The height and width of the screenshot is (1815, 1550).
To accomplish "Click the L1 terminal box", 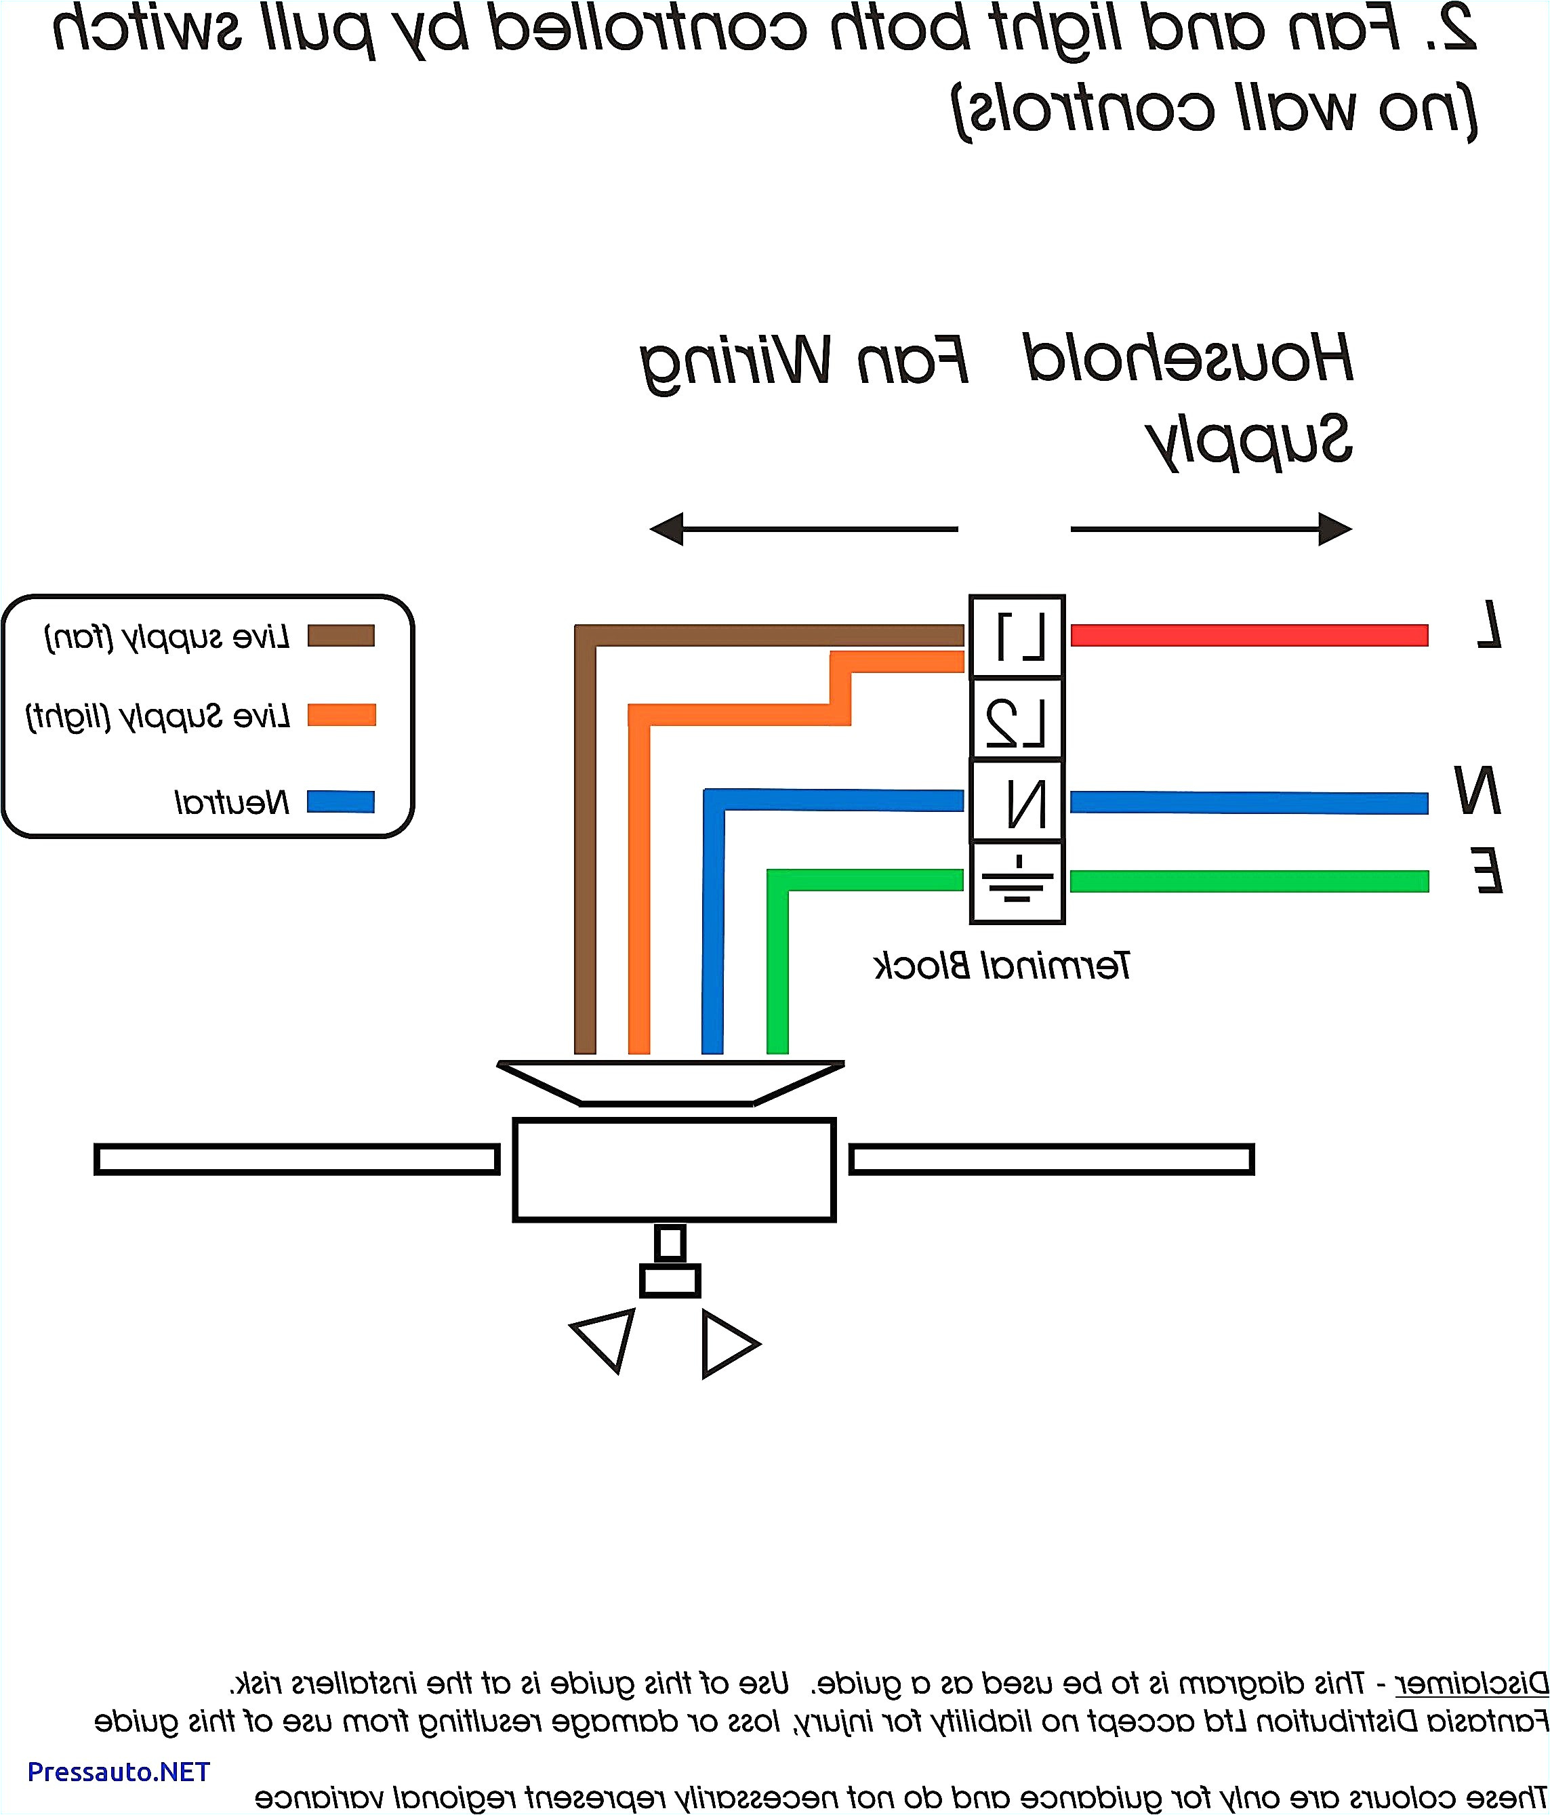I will [x=1017, y=636].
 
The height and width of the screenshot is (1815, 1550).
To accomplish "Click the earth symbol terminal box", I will [x=1017, y=882].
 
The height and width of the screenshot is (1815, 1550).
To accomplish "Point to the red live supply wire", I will [x=1248, y=635].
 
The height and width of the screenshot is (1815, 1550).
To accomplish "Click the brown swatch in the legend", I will [x=341, y=635].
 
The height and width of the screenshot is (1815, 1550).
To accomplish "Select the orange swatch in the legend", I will [x=341, y=715].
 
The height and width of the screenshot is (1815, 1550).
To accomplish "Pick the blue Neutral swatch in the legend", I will [x=341, y=802].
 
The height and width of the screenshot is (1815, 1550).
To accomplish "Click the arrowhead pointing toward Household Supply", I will [x=1334, y=529].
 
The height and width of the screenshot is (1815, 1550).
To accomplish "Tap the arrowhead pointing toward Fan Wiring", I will [x=668, y=529].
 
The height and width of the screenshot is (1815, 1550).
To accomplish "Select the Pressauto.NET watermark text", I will [x=119, y=1771].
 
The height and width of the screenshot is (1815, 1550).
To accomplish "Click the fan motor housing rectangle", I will [x=674, y=1169].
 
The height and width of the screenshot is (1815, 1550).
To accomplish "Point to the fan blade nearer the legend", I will [x=296, y=1159].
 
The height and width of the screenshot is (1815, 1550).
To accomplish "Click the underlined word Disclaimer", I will [x=1471, y=1683].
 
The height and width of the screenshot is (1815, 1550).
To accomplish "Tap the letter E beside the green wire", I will [x=1487, y=872].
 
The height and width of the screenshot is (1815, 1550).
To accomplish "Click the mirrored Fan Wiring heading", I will [x=804, y=361].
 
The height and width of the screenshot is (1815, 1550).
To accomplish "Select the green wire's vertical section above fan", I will [x=777, y=973].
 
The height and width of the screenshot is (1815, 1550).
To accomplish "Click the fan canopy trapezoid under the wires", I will [x=670, y=1082].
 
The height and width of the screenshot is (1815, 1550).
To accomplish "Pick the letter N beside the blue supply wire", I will [x=1477, y=790].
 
